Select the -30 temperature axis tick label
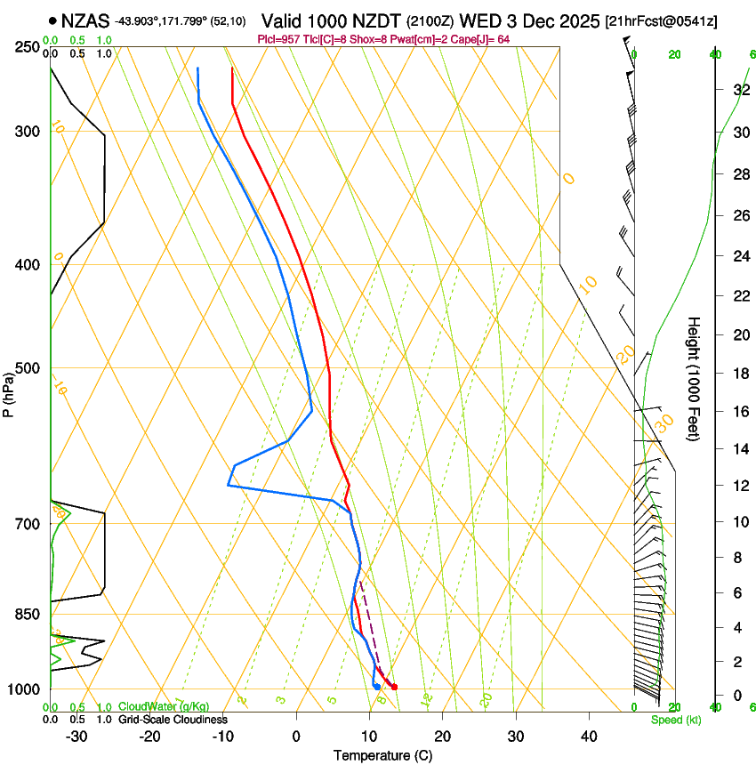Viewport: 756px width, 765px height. (76, 737)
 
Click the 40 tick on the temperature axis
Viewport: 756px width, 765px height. (589, 737)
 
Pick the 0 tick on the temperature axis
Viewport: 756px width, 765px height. (296, 737)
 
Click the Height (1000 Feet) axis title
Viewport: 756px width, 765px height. (695, 378)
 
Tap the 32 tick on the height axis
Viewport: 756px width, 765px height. (738, 90)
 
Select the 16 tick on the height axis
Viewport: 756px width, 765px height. (738, 412)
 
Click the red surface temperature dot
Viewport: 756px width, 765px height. (394, 687)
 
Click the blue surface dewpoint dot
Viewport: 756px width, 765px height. (377, 687)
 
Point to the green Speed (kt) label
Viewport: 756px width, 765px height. (675, 720)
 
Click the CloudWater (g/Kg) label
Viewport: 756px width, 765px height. (164, 706)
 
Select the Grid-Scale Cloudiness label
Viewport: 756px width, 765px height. (173, 719)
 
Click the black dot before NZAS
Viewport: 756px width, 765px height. (54, 20)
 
